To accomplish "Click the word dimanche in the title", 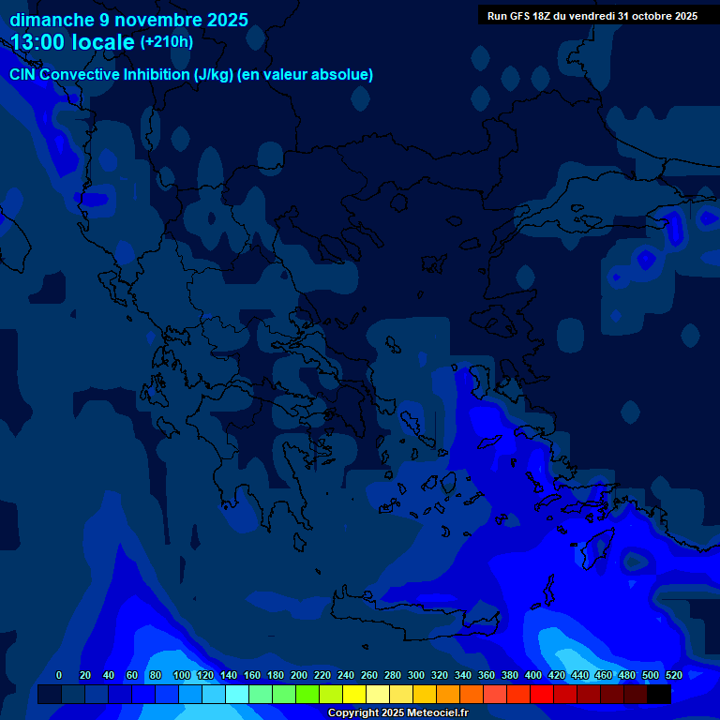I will point(52,20).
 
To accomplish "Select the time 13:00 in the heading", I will point(37,42).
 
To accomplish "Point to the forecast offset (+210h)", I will point(167,42).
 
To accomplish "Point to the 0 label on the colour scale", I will point(59,675).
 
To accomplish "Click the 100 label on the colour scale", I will point(182,675).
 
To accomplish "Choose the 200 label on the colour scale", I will point(299,675).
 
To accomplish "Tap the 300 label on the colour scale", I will point(416,675).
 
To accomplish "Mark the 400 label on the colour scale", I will point(533,675).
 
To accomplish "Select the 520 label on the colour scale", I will point(673,675).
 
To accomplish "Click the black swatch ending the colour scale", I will point(659,695).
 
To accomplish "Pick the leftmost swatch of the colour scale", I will point(50,695).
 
